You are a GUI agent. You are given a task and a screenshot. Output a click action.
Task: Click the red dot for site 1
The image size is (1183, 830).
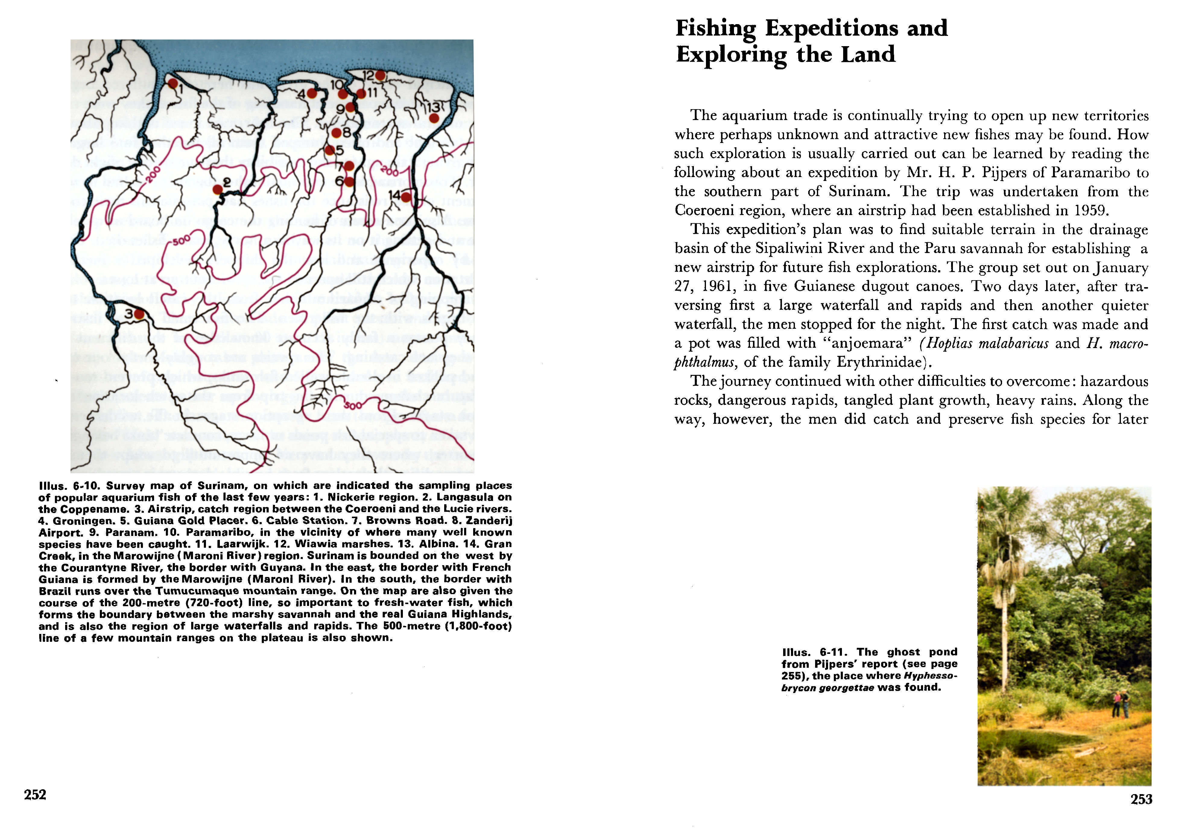[x=173, y=84]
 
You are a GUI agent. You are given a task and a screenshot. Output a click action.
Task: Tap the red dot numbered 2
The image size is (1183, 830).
[x=218, y=190]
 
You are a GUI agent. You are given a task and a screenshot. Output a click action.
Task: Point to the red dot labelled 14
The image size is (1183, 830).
[x=406, y=197]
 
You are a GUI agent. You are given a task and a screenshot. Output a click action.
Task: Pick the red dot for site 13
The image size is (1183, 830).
[x=434, y=118]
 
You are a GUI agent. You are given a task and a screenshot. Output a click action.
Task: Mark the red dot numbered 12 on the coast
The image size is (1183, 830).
[x=380, y=76]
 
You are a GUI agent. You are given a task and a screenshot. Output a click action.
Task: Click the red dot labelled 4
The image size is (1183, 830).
[x=312, y=93]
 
